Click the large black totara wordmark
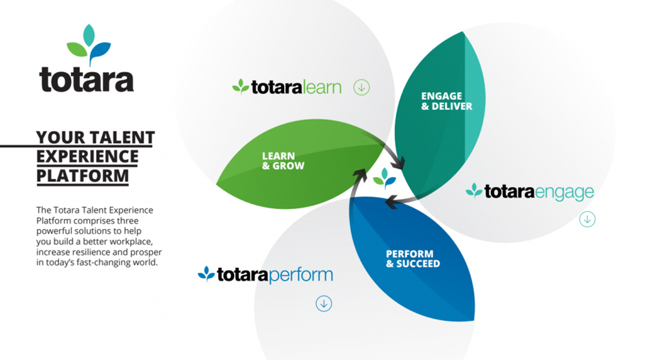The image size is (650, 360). tap(86, 79)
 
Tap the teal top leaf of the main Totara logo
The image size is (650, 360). tap(88, 36)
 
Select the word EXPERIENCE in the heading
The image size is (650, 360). tap(87, 157)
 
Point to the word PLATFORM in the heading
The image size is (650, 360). tap(82, 176)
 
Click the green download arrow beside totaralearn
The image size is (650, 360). tap(362, 87)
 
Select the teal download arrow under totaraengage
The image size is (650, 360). tap(587, 219)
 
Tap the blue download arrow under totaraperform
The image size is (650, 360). tap(324, 303)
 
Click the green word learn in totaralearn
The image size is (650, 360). tap(321, 87)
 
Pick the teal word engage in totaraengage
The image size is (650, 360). tap(564, 193)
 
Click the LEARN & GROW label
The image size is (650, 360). tap(283, 161)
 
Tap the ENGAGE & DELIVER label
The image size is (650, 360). tap(447, 101)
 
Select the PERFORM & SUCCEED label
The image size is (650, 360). tap(413, 259)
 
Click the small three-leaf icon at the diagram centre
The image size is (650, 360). tap(384, 178)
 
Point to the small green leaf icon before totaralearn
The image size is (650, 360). tap(240, 87)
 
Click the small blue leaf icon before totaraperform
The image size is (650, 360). tap(206, 274)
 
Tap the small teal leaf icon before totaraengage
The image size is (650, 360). tap(474, 191)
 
